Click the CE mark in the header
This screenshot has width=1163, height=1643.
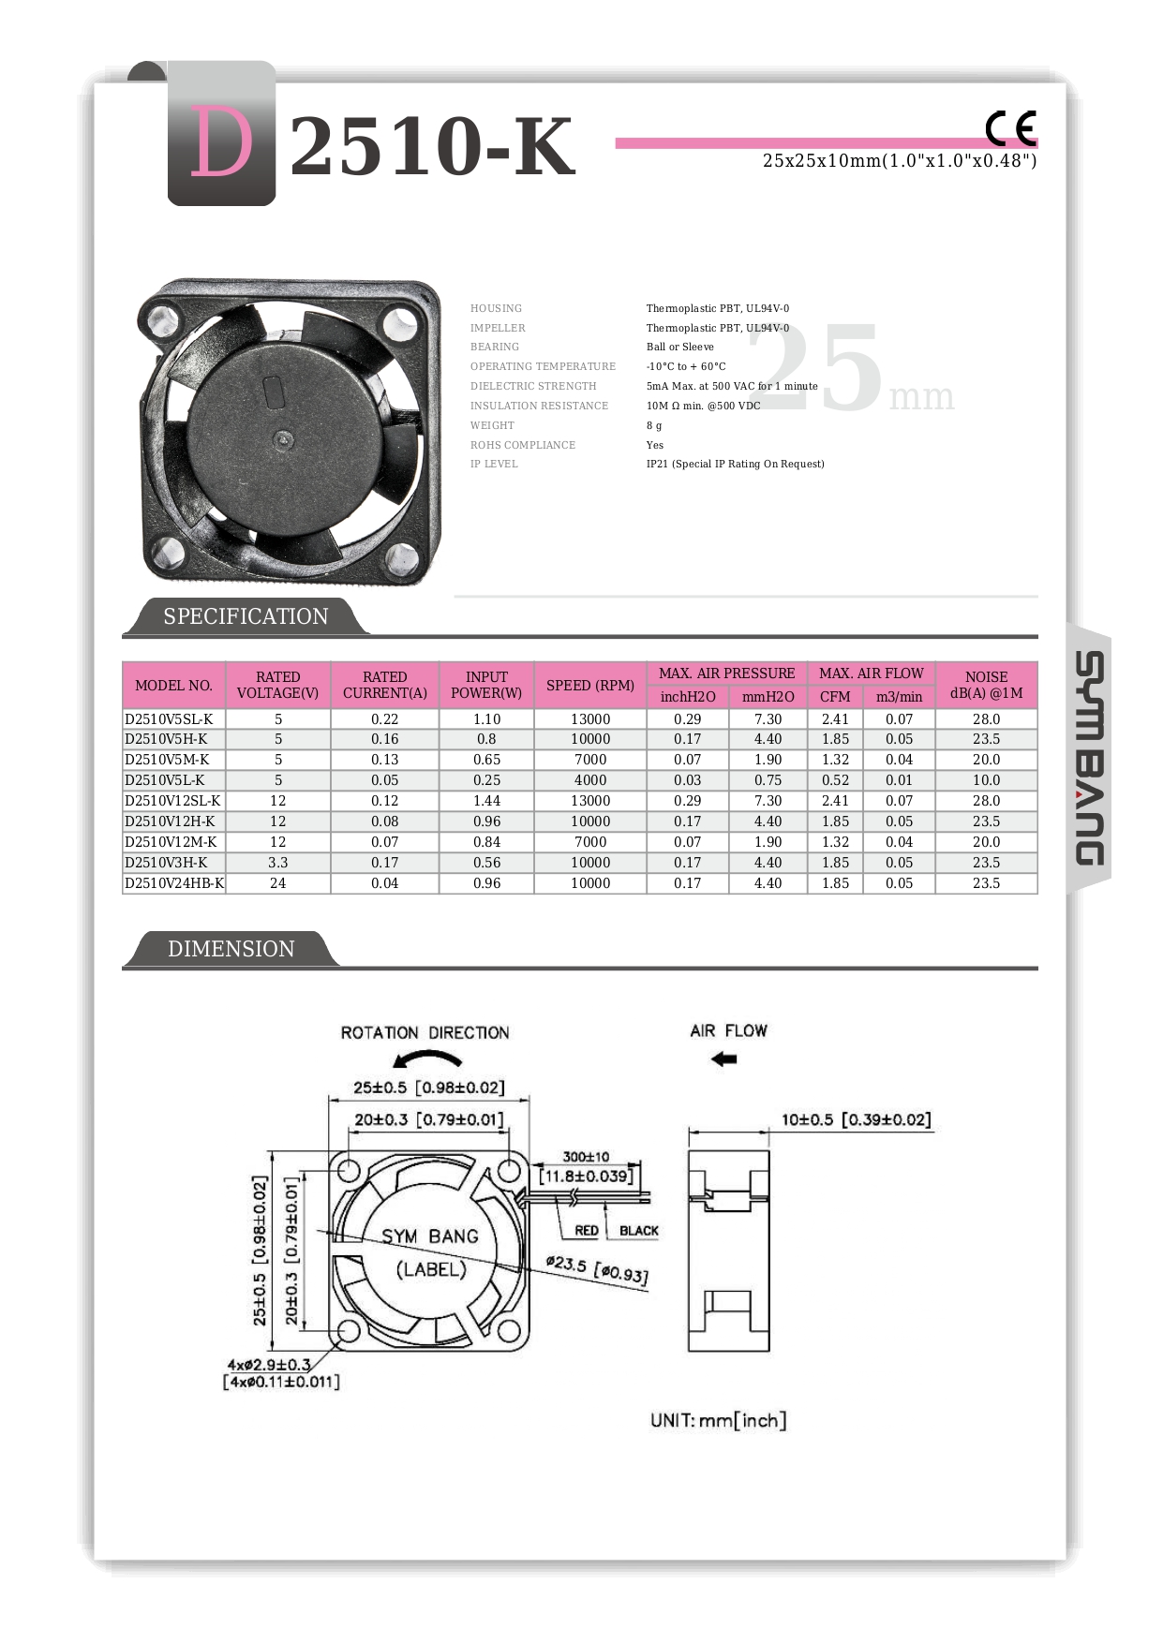pos(1010,128)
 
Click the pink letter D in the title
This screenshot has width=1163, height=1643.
pos(221,142)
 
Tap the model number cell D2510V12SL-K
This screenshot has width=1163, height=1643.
pos(173,801)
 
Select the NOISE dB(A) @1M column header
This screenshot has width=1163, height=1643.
pos(986,685)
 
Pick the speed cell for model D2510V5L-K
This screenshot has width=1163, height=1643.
pos(590,780)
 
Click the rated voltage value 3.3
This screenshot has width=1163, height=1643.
pos(278,863)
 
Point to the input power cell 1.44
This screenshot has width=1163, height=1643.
pos(486,801)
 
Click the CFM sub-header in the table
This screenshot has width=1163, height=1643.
pos(835,697)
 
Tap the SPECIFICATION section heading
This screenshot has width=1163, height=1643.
pos(246,616)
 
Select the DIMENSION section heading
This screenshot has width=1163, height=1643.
pos(231,949)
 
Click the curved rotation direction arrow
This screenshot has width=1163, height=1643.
pos(427,1059)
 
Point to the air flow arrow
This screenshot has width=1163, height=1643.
pos(724,1059)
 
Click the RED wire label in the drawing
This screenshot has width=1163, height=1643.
pos(587,1231)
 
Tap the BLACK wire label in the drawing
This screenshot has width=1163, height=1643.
pos(639,1231)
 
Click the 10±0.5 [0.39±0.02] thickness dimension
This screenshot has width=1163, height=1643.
pos(857,1119)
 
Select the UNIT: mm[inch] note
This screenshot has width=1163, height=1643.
pos(719,1421)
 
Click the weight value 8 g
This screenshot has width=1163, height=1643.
pos(654,425)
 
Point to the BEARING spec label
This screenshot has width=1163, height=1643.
pos(495,347)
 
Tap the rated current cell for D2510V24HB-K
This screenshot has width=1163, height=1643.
pos(384,883)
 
